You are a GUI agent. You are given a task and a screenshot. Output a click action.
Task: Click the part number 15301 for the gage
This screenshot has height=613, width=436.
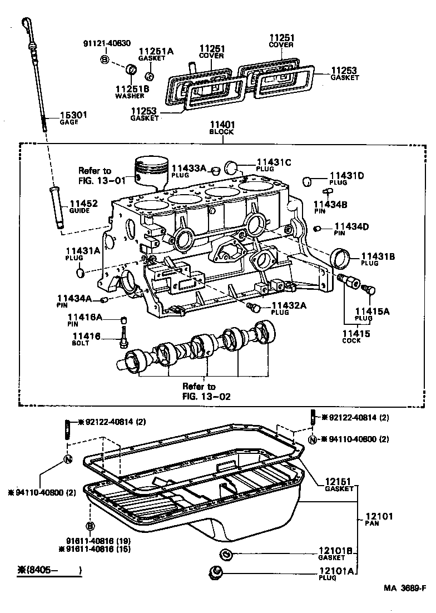tap(73, 115)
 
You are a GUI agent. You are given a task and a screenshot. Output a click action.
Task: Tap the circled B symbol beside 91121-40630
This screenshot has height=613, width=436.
tap(105, 59)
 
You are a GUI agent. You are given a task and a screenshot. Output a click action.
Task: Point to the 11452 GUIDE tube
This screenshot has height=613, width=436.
tap(57, 206)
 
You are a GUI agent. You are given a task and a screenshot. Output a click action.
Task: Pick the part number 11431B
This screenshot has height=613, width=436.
tap(378, 256)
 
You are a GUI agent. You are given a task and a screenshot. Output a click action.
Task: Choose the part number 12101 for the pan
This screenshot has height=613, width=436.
tap(379, 516)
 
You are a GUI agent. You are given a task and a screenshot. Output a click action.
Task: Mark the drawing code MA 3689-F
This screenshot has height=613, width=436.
tap(404, 587)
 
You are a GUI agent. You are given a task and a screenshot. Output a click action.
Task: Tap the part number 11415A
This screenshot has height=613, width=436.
tap(371, 311)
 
